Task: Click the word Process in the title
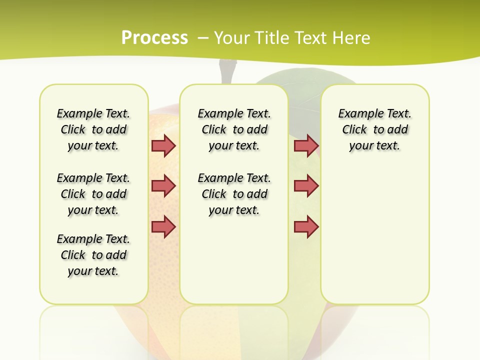pos(154,37)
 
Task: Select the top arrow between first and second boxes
pos(163,145)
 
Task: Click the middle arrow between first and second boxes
pos(163,186)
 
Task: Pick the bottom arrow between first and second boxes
pos(163,226)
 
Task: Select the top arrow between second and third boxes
pos(306,145)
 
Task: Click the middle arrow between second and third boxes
pos(306,186)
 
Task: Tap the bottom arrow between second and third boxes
pos(306,226)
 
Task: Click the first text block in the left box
pos(93,129)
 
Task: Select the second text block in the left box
pos(93,194)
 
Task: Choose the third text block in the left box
pos(93,255)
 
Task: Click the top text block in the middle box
pos(234,129)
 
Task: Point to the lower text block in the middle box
pos(234,194)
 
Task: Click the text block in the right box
pos(374,129)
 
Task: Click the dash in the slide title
pos(203,38)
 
